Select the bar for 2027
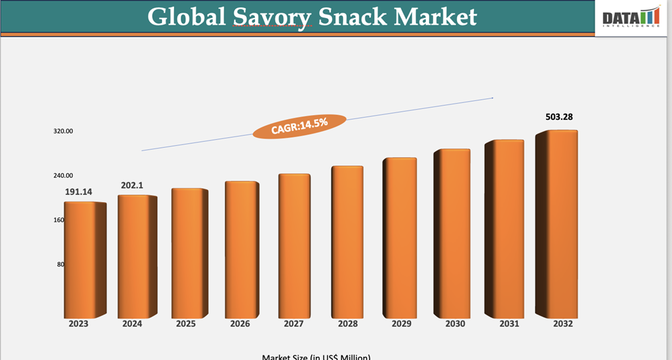295,245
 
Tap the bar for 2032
557,223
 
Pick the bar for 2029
400,238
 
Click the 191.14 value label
78,192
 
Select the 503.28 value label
559,117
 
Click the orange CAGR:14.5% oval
299,126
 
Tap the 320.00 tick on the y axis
64,131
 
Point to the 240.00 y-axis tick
64,175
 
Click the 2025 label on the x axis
185,324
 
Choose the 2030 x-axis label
455,324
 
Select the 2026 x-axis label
240,324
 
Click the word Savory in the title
272,17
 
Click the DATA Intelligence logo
631,17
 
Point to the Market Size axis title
316,357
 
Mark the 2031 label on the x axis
509,324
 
